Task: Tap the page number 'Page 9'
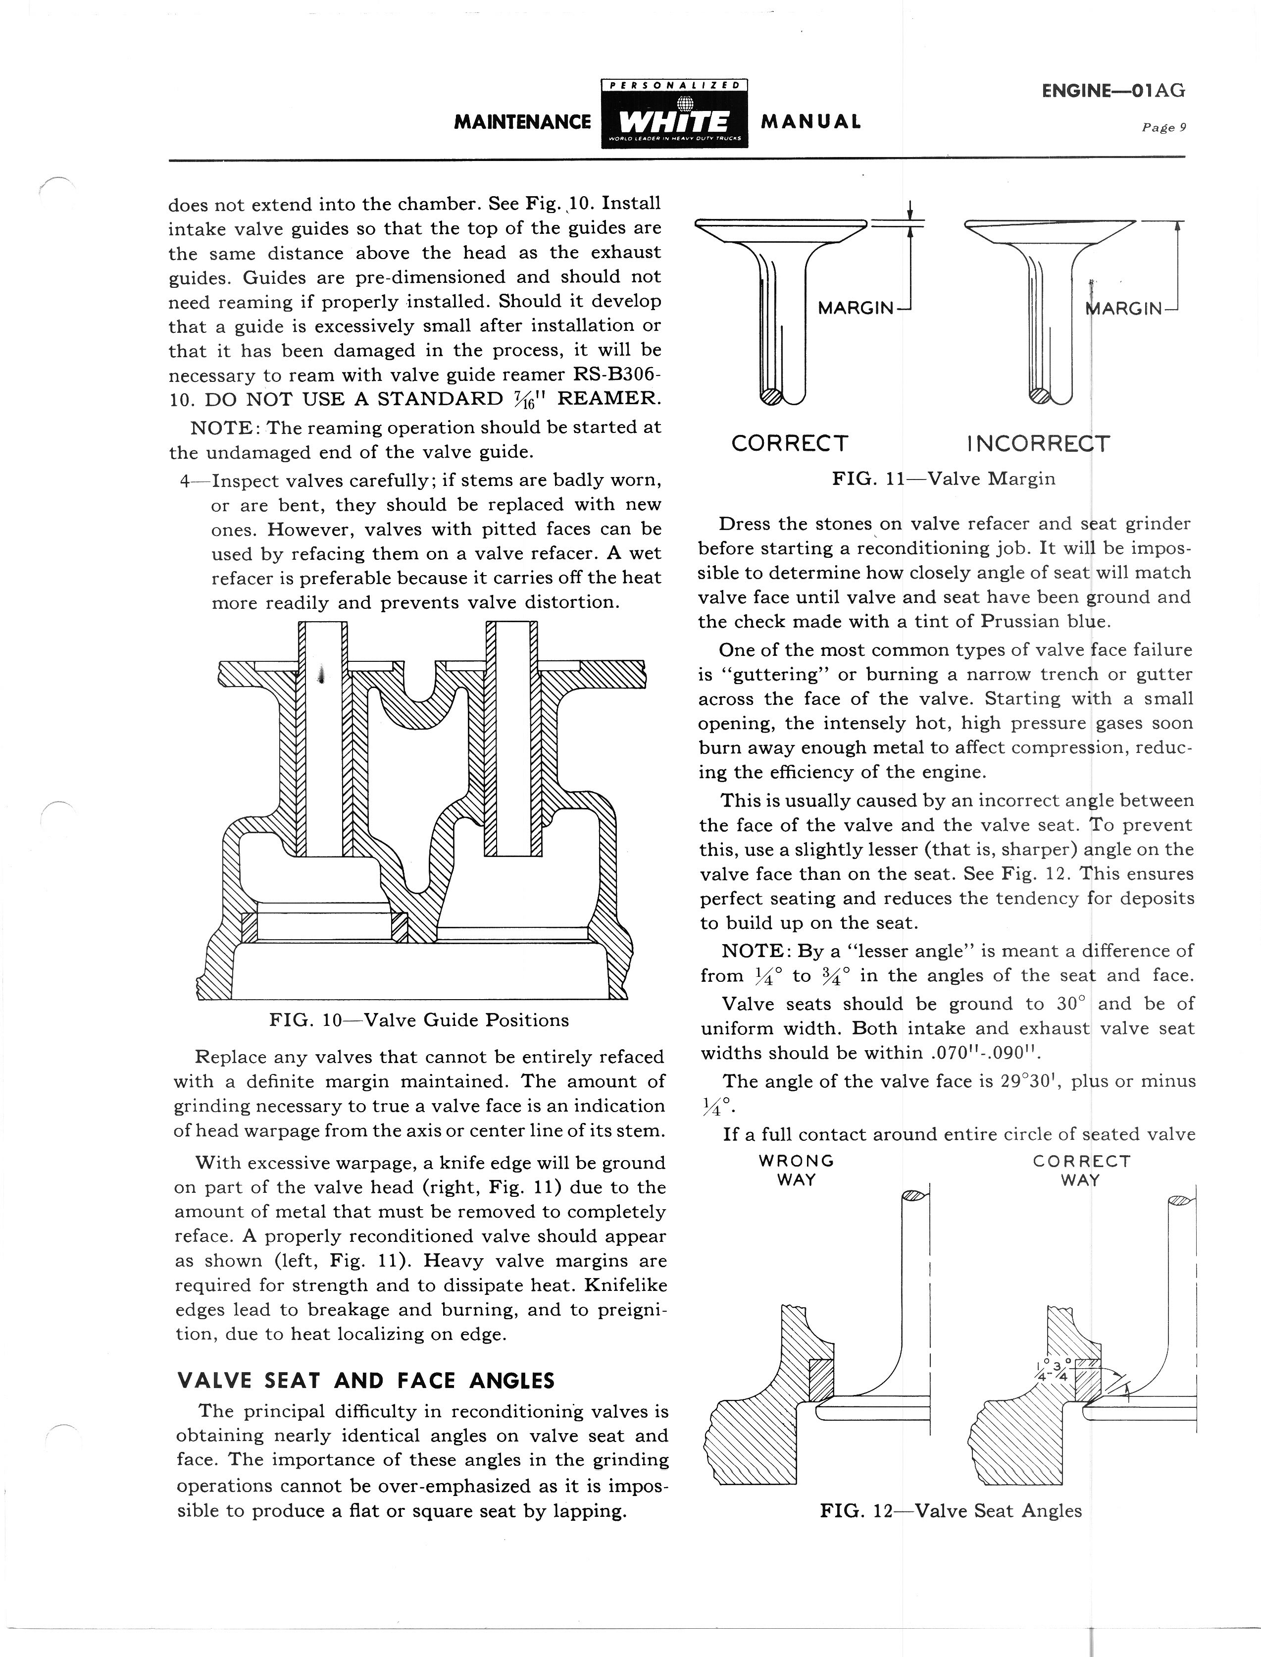click(1163, 128)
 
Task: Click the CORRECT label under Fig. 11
click(790, 444)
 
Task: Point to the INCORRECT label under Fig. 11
click(1038, 444)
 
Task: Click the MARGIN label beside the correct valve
click(856, 309)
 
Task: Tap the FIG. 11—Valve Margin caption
click(944, 479)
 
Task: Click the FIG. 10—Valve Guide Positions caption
click(419, 1020)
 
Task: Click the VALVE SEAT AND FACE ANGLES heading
click(365, 1381)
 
